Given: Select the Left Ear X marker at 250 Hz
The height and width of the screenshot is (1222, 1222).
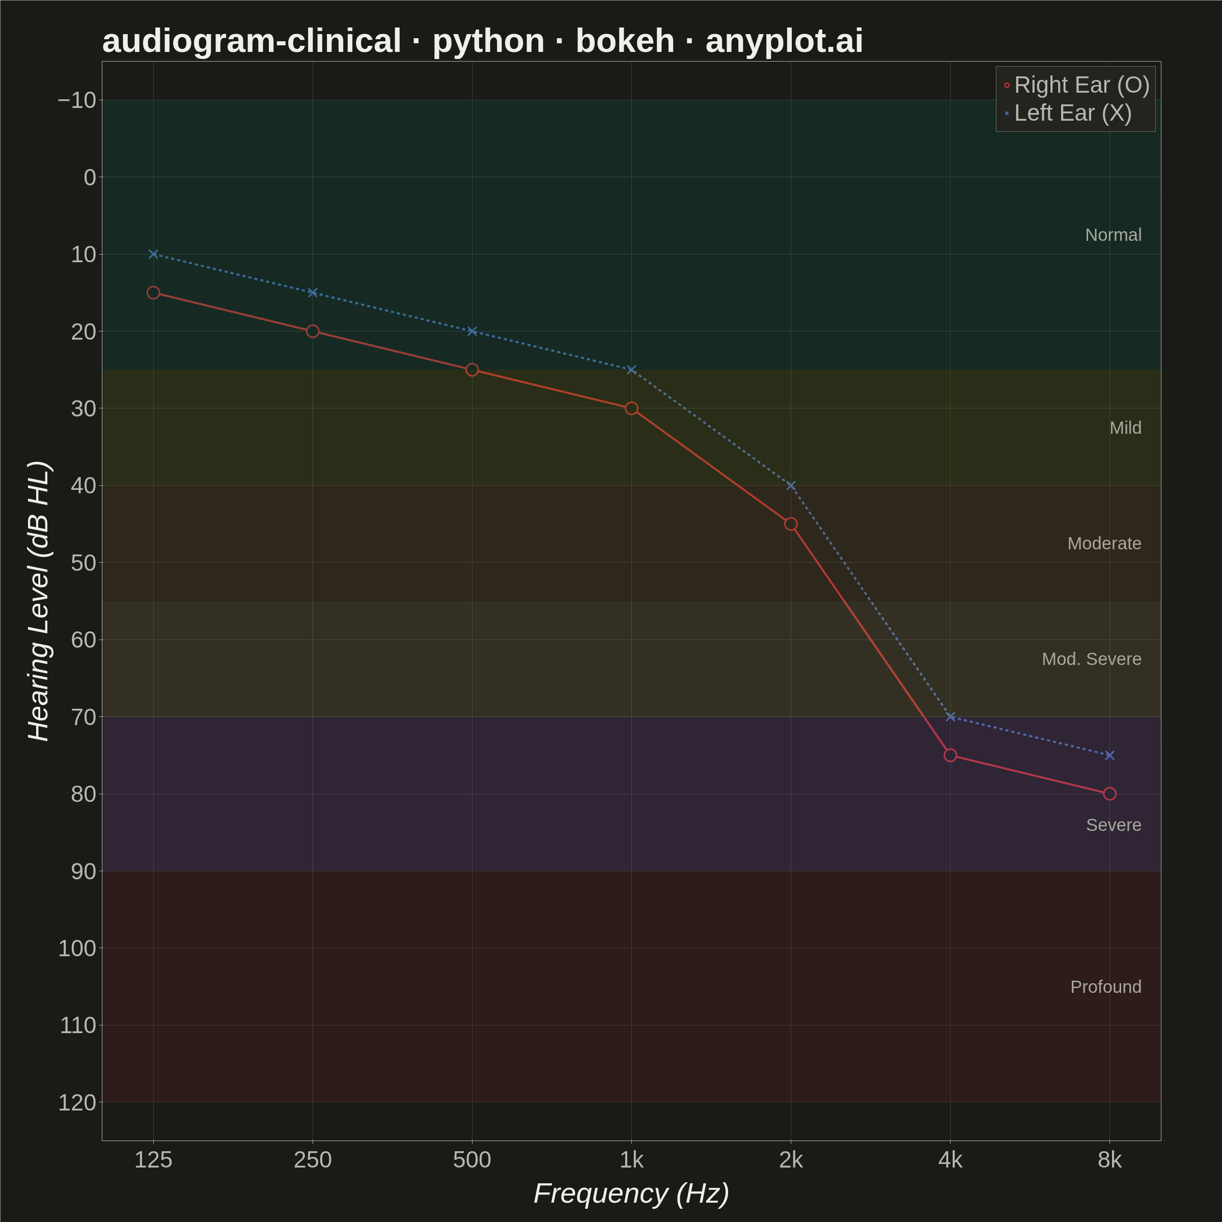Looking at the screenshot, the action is tap(313, 292).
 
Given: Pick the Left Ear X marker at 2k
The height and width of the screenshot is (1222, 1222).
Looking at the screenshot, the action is tap(791, 485).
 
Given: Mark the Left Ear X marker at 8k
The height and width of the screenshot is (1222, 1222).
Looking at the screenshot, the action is tap(1109, 755).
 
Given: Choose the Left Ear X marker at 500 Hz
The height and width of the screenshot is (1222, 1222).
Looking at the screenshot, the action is tap(472, 331).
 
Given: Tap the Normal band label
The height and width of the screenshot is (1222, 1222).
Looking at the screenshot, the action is tap(1113, 235).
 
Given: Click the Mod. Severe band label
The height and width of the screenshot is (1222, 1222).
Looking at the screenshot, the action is tap(1092, 659).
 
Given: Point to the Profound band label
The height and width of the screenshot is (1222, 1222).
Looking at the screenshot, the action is tap(1105, 987).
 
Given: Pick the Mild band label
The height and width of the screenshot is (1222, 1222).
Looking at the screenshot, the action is tap(1125, 428).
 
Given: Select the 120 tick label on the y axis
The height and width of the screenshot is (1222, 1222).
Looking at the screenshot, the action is tap(77, 1102).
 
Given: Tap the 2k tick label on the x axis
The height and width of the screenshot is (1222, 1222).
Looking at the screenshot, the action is tap(791, 1159).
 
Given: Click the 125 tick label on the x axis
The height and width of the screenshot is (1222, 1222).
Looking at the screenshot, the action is tap(153, 1159).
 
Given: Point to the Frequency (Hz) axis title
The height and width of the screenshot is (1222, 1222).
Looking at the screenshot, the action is tap(631, 1193).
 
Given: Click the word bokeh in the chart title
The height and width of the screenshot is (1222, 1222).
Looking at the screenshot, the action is tap(625, 41).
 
